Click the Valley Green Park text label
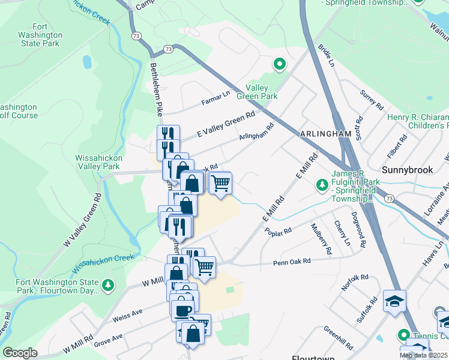click(x=261, y=92)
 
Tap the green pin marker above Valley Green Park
click(x=279, y=63)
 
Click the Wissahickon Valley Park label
click(x=98, y=162)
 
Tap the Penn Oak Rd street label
click(x=292, y=262)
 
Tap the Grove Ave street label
click(x=108, y=339)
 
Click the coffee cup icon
click(x=182, y=310)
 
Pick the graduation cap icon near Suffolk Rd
click(x=394, y=301)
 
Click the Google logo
click(x=20, y=353)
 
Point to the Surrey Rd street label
click(x=371, y=100)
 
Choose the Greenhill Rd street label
click(x=339, y=340)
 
